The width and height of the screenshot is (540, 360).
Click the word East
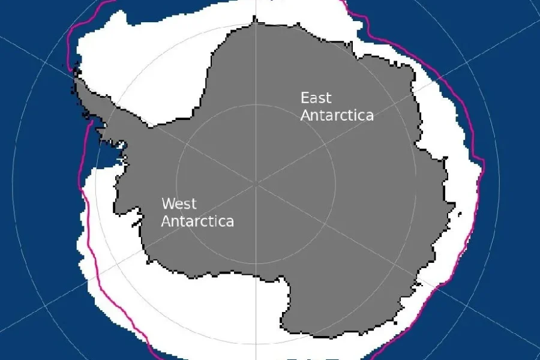(316, 98)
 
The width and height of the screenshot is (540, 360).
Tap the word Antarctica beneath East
(337, 115)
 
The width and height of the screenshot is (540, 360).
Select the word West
(179, 204)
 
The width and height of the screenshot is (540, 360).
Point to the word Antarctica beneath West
(197, 221)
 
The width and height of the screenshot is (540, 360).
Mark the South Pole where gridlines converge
(256, 181)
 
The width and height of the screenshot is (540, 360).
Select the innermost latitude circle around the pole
(256, 105)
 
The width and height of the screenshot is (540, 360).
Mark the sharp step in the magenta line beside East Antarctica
(480, 160)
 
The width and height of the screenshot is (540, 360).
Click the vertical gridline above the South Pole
(256, 72)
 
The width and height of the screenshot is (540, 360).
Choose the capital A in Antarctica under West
(166, 221)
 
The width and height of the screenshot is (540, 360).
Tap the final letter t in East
(328, 98)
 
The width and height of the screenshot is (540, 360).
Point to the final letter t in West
(193, 204)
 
